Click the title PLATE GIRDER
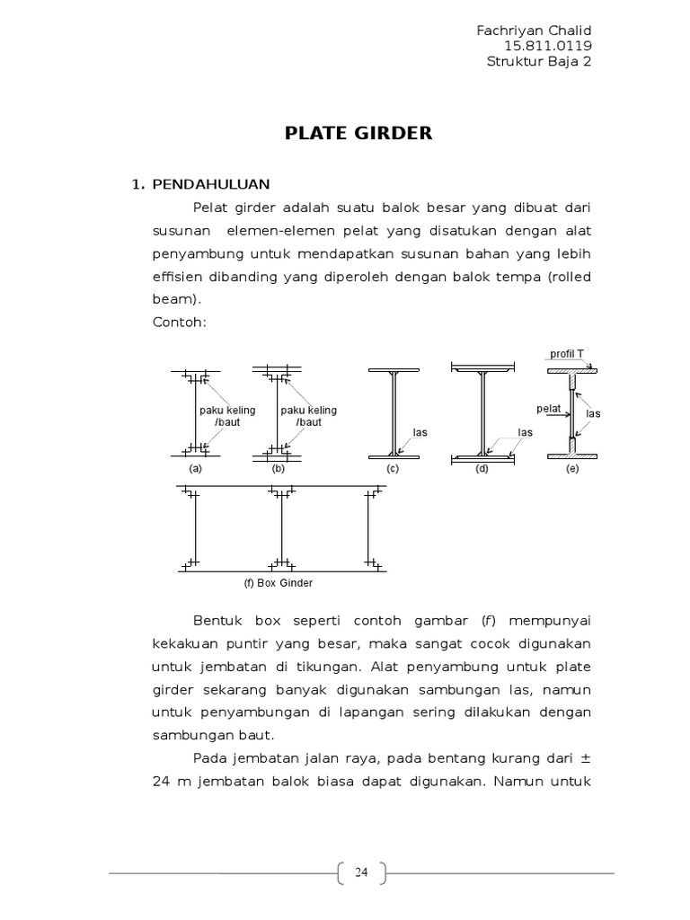tap(358, 134)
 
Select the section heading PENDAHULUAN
tap(211, 184)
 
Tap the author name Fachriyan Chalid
tap(534, 31)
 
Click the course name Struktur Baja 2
tap(539, 61)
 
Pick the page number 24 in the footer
tap(361, 871)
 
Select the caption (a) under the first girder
tap(195, 469)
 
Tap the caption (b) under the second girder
tap(279, 469)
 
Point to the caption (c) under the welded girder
tap(393, 469)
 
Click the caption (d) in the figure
tap(482, 469)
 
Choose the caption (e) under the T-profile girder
tap(572, 469)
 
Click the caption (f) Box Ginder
tap(279, 582)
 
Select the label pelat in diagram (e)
tap(548, 409)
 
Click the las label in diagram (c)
tap(420, 432)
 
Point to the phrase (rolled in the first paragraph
tap(568, 277)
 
